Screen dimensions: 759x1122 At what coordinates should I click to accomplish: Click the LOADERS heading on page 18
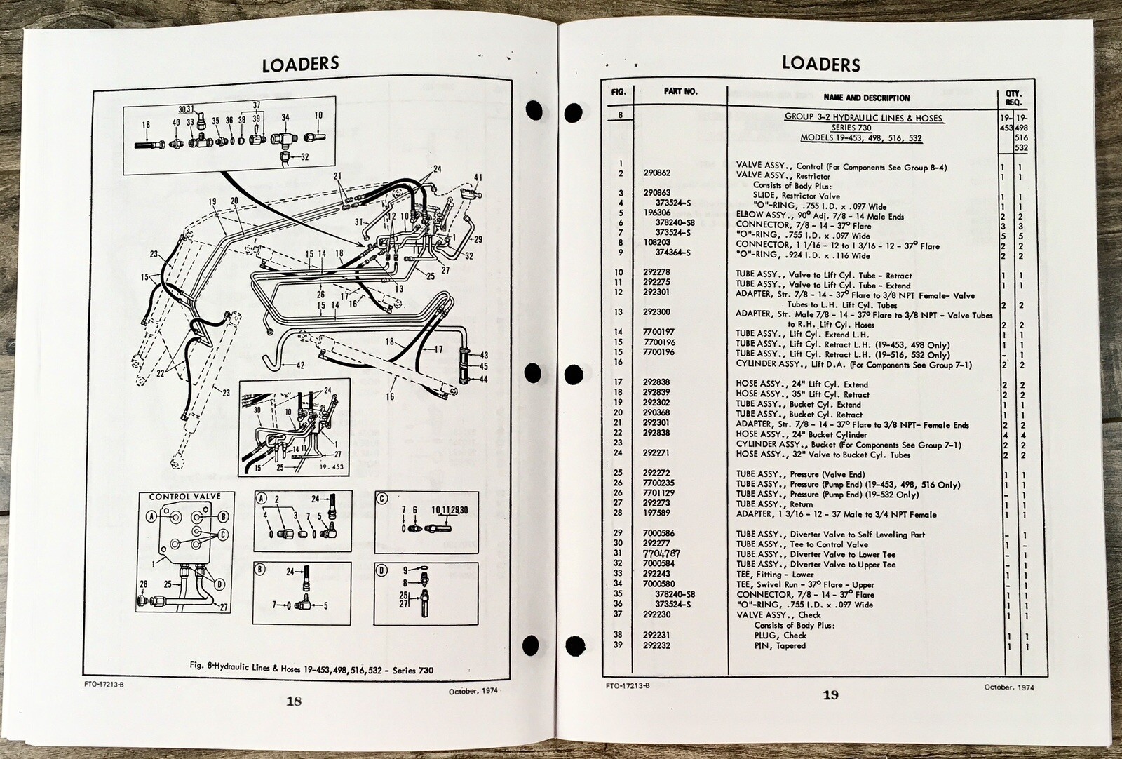pyautogui.click(x=300, y=65)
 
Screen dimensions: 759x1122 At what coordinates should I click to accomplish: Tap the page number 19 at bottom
pyautogui.click(x=830, y=695)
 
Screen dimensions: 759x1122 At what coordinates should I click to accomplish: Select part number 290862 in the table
pyautogui.click(x=656, y=176)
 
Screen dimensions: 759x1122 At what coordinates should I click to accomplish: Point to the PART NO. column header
pyautogui.click(x=681, y=92)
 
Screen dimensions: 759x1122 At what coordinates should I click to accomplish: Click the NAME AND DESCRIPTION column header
pyautogui.click(x=867, y=98)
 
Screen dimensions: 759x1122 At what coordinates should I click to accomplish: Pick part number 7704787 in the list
pyautogui.click(x=660, y=554)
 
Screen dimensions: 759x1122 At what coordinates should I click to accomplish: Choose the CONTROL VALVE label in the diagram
pyautogui.click(x=184, y=497)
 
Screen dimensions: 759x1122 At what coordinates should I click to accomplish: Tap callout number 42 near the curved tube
pyautogui.click(x=299, y=365)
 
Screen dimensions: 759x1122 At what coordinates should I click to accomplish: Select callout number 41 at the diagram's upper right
pyautogui.click(x=479, y=177)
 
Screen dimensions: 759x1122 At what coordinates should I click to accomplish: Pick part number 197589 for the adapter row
pyautogui.click(x=656, y=514)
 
